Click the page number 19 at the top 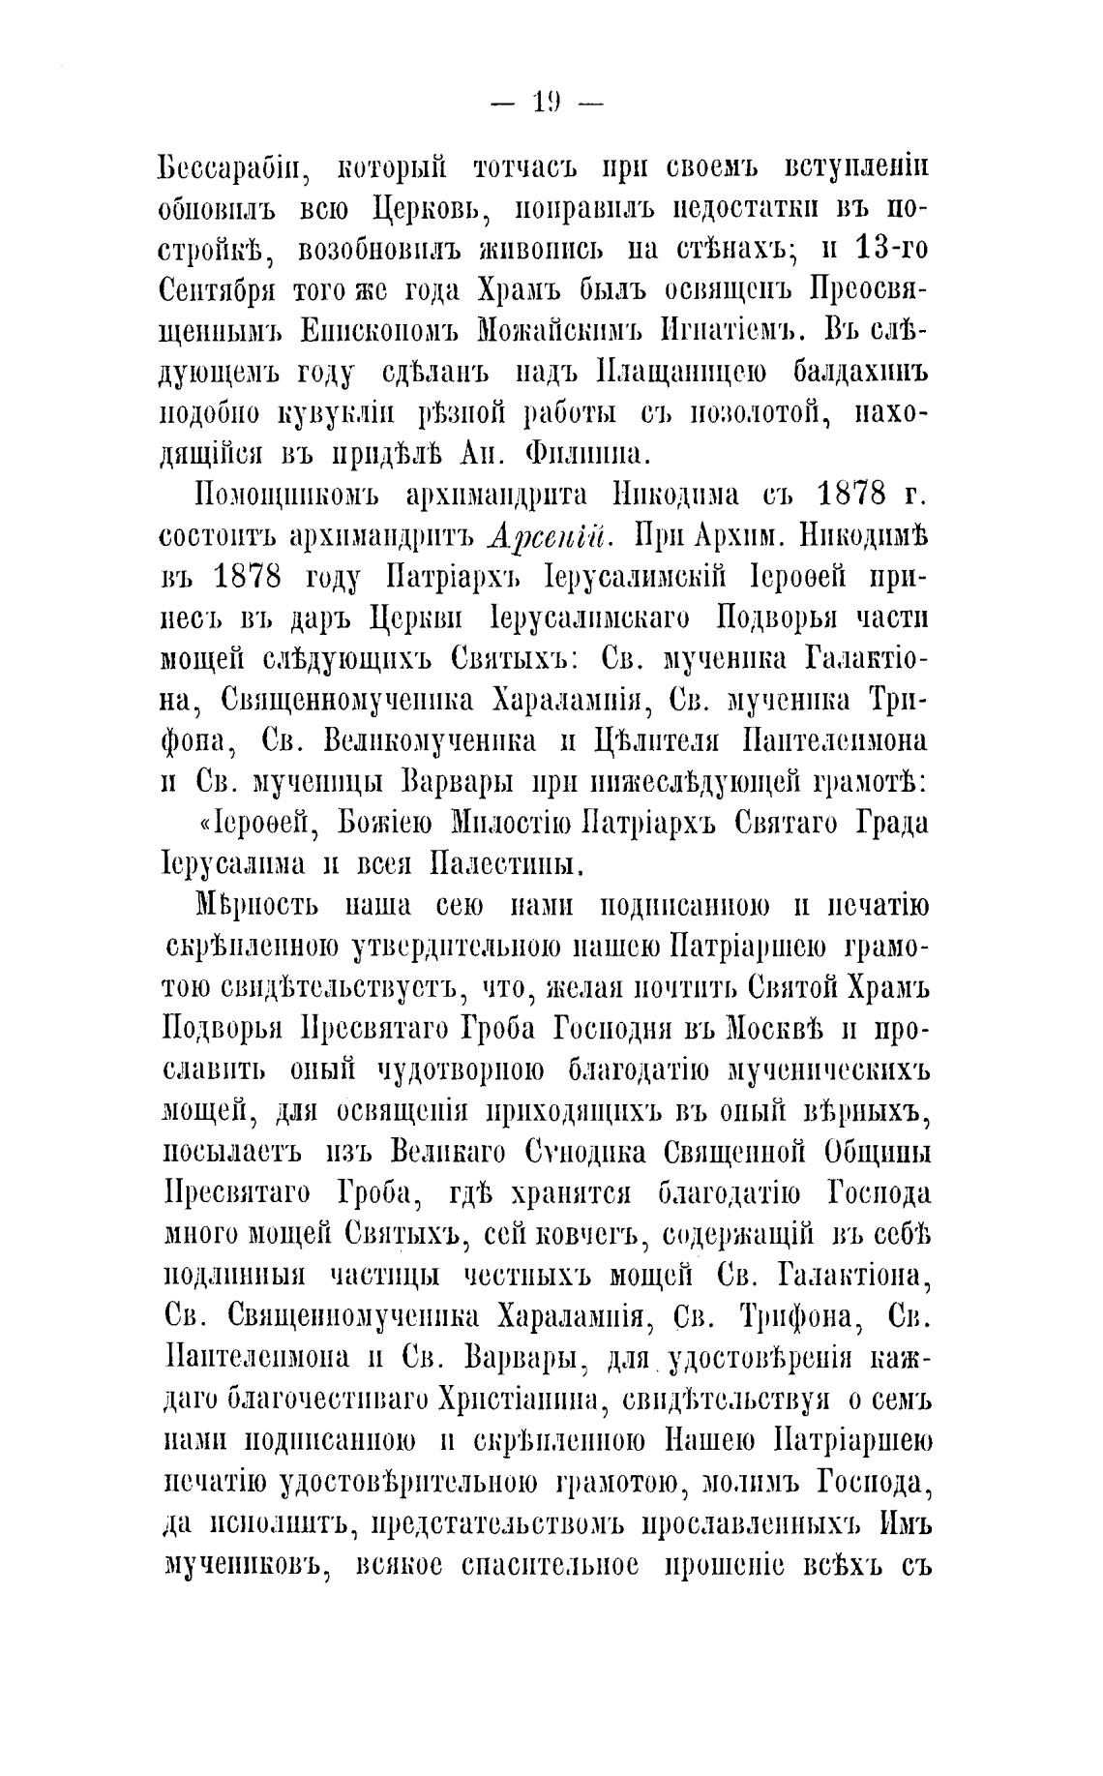pyautogui.click(x=548, y=103)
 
